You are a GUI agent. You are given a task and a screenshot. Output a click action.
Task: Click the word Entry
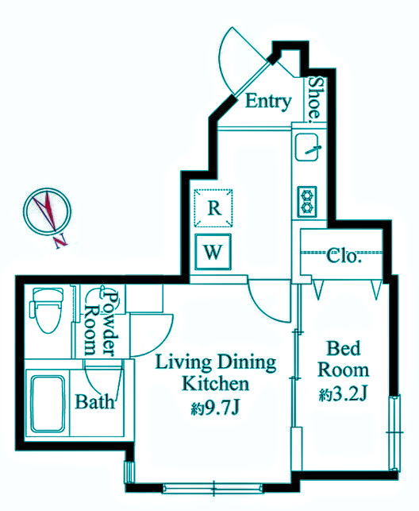pos(268,102)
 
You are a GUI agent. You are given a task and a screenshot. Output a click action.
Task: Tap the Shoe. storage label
pos(315,98)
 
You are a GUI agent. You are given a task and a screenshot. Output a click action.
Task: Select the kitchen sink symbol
pos(306,147)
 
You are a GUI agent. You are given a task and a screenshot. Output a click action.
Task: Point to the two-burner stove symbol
pos(307,202)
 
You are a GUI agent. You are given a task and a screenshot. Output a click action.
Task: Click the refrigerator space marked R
pos(213,208)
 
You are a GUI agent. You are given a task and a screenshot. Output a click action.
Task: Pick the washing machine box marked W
pos(213,252)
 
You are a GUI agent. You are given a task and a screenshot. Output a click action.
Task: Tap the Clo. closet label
pos(344,256)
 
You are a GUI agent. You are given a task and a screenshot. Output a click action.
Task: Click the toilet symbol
pos(47,310)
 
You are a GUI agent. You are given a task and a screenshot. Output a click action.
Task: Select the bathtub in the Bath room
pos(48,404)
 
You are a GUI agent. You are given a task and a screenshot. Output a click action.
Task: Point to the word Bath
pos(95,402)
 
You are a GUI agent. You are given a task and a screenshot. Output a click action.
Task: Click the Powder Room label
pos(101,323)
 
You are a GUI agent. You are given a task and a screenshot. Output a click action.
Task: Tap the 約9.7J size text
pos(215,408)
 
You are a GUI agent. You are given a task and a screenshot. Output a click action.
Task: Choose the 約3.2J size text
pos(343,395)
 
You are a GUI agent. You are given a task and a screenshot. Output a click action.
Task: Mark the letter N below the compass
pos(61,241)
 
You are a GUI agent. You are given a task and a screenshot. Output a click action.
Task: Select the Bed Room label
pos(344,359)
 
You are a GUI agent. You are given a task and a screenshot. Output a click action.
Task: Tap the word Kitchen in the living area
pos(215,384)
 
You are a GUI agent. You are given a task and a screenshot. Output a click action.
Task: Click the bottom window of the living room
pos(213,488)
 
